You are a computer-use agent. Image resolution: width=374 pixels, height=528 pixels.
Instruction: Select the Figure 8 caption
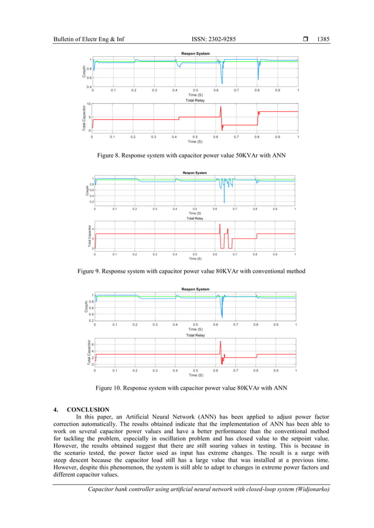tap(188, 156)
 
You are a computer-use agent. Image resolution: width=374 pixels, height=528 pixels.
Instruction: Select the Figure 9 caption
tap(188, 272)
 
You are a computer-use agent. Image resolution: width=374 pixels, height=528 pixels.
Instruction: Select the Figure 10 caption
tap(188, 388)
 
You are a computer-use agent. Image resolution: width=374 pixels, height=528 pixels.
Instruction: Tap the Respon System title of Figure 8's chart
tap(195, 54)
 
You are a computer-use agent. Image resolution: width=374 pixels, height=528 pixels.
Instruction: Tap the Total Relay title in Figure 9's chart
tap(195, 218)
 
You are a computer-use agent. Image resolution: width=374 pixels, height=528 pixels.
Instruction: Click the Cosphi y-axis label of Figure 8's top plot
tap(84, 71)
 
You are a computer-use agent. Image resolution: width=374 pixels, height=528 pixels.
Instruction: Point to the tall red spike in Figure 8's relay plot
tap(221, 109)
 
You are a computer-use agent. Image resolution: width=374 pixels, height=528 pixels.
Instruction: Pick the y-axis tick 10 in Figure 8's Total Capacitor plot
tap(89, 104)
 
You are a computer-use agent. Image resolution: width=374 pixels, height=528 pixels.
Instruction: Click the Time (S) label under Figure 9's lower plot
tap(195, 258)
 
